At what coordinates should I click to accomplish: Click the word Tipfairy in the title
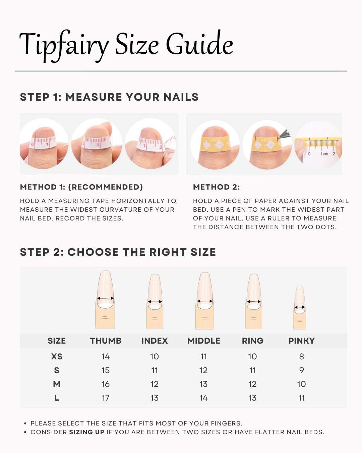click(64, 46)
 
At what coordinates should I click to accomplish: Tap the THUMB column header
click(106, 341)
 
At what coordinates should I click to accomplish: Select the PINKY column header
click(301, 341)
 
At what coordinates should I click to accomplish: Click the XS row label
click(57, 356)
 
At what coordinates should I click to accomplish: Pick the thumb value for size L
click(106, 398)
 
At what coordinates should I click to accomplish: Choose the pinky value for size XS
click(301, 356)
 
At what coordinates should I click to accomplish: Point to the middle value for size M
click(203, 384)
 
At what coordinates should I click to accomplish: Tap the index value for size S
click(155, 370)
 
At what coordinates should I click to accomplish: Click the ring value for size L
click(252, 398)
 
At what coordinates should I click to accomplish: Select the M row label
click(57, 384)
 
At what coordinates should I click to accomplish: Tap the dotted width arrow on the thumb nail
click(105, 298)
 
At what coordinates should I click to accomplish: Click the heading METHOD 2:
click(216, 187)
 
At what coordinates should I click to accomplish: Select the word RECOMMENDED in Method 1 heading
click(105, 187)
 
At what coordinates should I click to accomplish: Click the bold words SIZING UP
click(87, 432)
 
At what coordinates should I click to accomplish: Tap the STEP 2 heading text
click(118, 252)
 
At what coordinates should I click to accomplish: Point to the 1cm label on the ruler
click(324, 154)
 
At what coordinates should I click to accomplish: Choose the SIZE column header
click(57, 341)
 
